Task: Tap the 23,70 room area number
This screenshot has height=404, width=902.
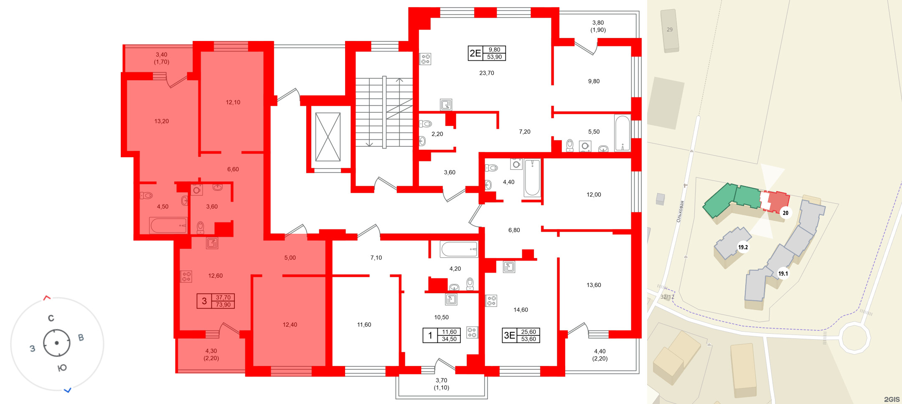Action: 487,73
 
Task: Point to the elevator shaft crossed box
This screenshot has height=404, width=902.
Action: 328,137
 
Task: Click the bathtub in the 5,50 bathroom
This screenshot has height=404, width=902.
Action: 622,133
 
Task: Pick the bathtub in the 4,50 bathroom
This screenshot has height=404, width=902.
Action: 168,225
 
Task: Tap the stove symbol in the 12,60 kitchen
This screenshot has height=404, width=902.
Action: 186,276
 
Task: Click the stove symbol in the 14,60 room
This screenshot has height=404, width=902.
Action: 491,301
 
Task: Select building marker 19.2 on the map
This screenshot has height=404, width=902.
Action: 743,247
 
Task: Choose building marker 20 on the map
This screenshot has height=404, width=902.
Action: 785,213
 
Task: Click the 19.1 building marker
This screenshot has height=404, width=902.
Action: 783,274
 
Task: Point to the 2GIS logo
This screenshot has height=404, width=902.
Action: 892,399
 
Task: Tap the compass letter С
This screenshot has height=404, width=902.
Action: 51,318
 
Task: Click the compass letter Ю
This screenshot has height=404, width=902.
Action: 62,368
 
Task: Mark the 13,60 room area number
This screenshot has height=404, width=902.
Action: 594,285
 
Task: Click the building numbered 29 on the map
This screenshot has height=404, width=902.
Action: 670,30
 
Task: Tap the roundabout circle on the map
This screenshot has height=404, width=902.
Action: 855,338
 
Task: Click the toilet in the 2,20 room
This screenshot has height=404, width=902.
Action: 426,124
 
